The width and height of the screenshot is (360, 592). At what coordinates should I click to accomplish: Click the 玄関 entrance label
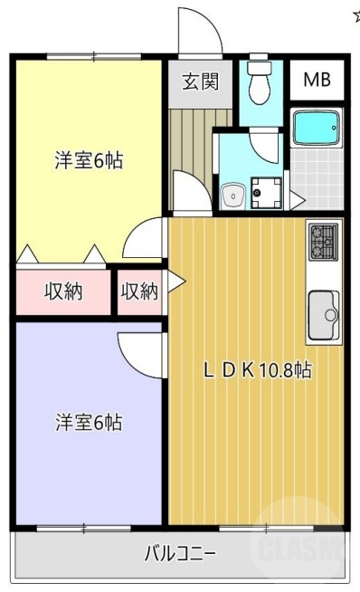click(x=200, y=81)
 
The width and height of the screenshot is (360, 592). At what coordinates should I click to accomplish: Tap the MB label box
click(x=316, y=80)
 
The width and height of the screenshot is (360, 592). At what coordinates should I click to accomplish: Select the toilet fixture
click(x=261, y=82)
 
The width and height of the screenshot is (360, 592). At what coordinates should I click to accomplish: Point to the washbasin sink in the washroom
click(x=233, y=193)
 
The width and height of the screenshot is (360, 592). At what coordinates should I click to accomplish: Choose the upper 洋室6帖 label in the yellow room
click(x=88, y=162)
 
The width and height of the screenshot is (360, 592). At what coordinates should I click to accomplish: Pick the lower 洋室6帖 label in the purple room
click(x=88, y=422)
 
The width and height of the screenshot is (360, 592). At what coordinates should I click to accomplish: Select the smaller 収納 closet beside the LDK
click(x=139, y=291)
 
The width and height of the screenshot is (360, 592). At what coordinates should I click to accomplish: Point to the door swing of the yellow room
click(x=145, y=240)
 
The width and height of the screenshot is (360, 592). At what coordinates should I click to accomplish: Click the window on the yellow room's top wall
click(x=88, y=56)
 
